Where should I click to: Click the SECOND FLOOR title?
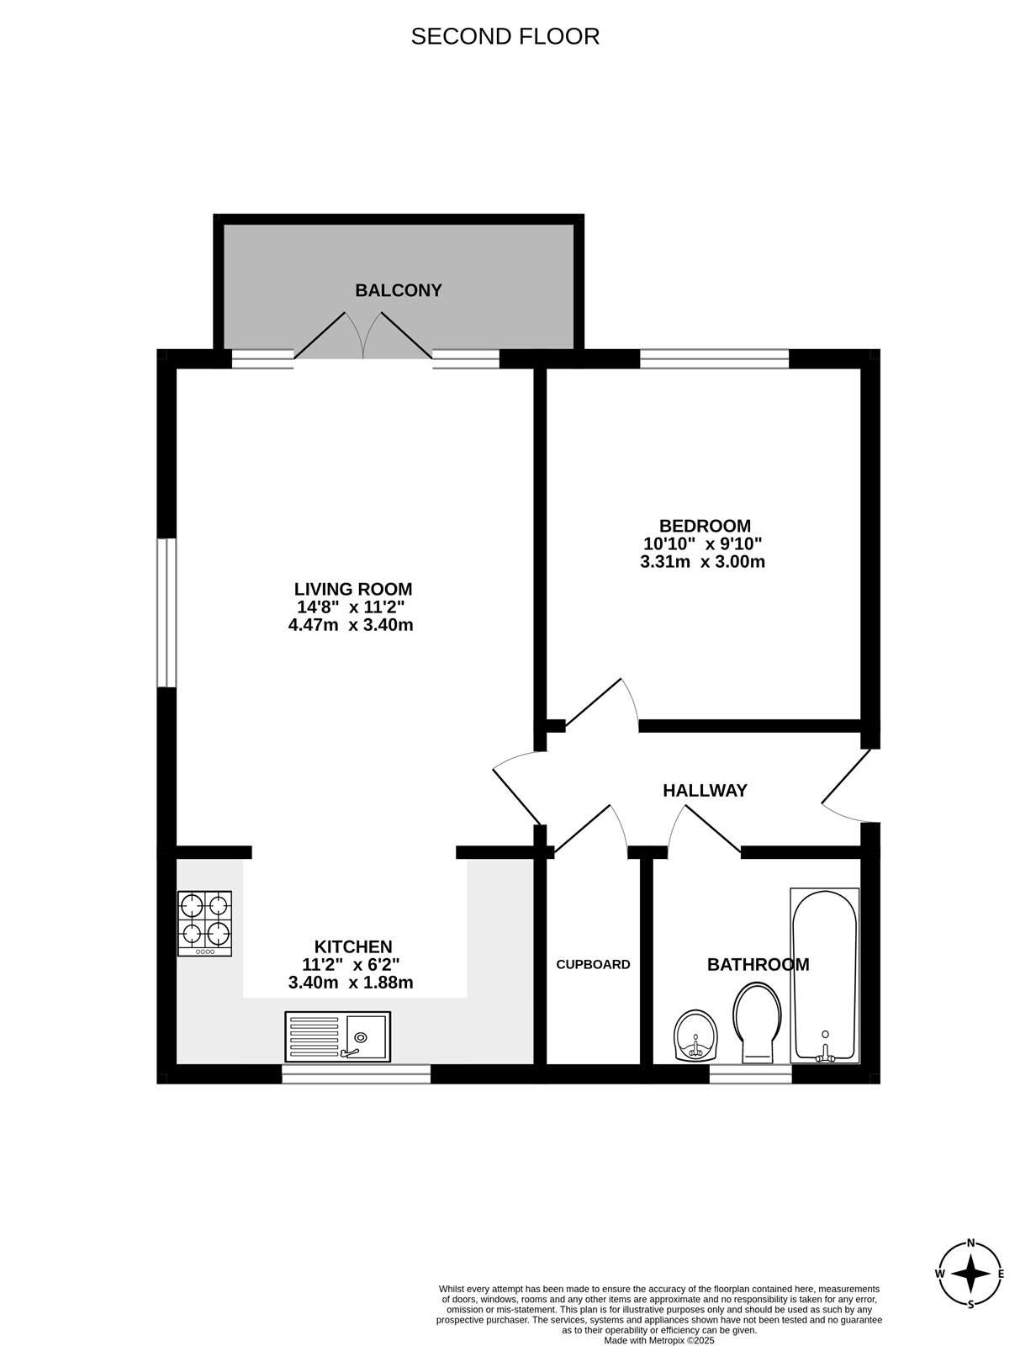click(x=505, y=36)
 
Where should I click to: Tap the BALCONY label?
click(x=398, y=290)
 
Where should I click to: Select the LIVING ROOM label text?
click(x=353, y=589)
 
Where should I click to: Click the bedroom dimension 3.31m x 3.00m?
click(x=702, y=562)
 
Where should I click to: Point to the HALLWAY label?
click(x=705, y=791)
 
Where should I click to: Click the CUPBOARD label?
click(x=593, y=964)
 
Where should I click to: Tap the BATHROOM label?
click(x=758, y=964)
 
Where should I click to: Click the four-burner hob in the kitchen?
click(x=204, y=923)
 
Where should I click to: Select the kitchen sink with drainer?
click(x=337, y=1036)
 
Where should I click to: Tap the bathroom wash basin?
click(x=696, y=1035)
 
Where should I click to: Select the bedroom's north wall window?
click(x=714, y=359)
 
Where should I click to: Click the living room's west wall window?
click(x=166, y=612)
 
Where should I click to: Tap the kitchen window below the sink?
click(x=356, y=1073)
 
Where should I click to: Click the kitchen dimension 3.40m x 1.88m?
click(x=351, y=983)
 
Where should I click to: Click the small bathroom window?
click(x=750, y=1073)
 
